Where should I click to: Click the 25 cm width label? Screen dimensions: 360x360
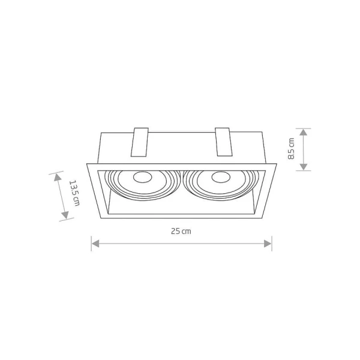tap(181, 231)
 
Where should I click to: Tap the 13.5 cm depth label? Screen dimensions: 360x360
tap(74, 193)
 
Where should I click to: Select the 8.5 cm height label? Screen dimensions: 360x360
tap(291, 149)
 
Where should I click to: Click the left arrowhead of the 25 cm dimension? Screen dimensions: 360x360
tap(95, 244)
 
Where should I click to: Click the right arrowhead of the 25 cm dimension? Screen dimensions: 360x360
tap(268, 244)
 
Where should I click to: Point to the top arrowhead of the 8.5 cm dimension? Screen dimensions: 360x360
tap(303, 133)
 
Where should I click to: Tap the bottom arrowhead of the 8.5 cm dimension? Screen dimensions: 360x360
tap(303, 167)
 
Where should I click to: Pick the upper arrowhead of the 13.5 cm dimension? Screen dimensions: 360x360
tap(58, 177)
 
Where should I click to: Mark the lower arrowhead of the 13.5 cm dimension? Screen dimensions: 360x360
tap(65, 215)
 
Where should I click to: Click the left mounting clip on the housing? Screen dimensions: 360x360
tap(140, 142)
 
